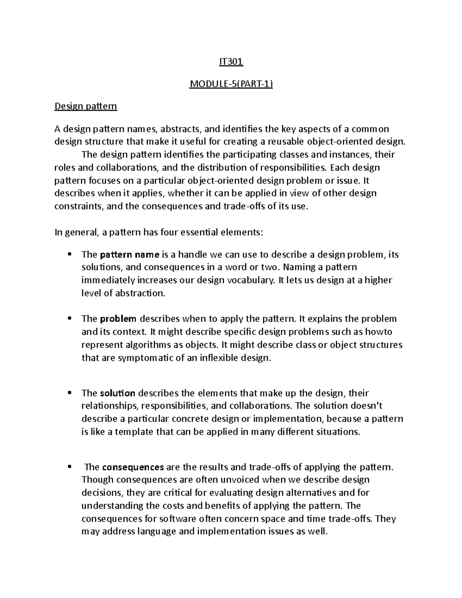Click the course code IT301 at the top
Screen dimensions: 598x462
click(x=231, y=62)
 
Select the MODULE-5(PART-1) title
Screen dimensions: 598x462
click(x=231, y=84)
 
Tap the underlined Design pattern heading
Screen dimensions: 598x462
click(x=85, y=106)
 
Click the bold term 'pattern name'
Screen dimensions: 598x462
click(x=129, y=255)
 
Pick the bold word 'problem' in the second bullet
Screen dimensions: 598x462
click(x=118, y=319)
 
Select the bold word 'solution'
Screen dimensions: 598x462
click(x=117, y=393)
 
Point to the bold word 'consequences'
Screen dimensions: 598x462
click(x=133, y=467)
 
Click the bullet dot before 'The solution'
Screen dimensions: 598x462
click(x=70, y=393)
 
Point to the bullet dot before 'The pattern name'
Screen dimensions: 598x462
click(x=70, y=254)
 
